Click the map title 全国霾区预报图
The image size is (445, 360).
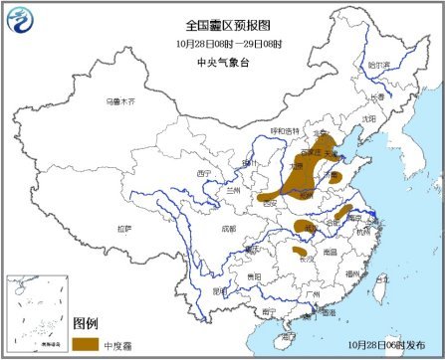pos(222,22)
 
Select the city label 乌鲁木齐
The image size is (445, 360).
pos(119,101)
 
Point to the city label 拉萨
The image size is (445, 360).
pos(123,229)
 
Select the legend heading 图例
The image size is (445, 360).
pos(86,324)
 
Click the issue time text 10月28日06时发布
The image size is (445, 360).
pos(388,344)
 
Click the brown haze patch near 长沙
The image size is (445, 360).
pos(300,254)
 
